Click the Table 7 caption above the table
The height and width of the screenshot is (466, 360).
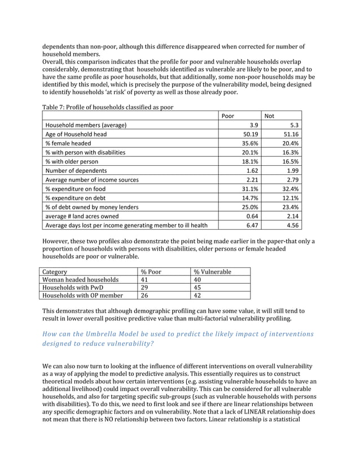(x=108, y=107)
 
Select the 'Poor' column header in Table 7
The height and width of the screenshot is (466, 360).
(x=228, y=116)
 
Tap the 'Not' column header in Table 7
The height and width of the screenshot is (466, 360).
(x=269, y=116)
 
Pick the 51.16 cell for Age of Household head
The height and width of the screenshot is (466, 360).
(x=290, y=134)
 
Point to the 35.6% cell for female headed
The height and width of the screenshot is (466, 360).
(x=250, y=143)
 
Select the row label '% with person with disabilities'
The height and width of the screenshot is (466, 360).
(x=85, y=152)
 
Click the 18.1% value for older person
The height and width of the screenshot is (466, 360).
(x=250, y=161)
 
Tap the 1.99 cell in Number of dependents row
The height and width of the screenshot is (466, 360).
(x=292, y=170)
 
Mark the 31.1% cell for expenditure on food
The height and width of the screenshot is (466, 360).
(x=250, y=188)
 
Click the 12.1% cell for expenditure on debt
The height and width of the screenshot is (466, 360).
(x=290, y=198)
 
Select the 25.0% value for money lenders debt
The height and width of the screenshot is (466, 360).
(x=250, y=207)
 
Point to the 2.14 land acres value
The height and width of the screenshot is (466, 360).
(x=292, y=216)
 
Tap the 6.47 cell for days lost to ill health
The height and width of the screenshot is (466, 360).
(x=252, y=225)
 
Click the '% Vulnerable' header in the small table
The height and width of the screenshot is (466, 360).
(x=212, y=272)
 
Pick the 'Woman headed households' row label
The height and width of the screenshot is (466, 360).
(x=81, y=279)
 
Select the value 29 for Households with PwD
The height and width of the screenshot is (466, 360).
(x=144, y=287)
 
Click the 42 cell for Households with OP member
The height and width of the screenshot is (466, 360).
(x=197, y=295)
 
